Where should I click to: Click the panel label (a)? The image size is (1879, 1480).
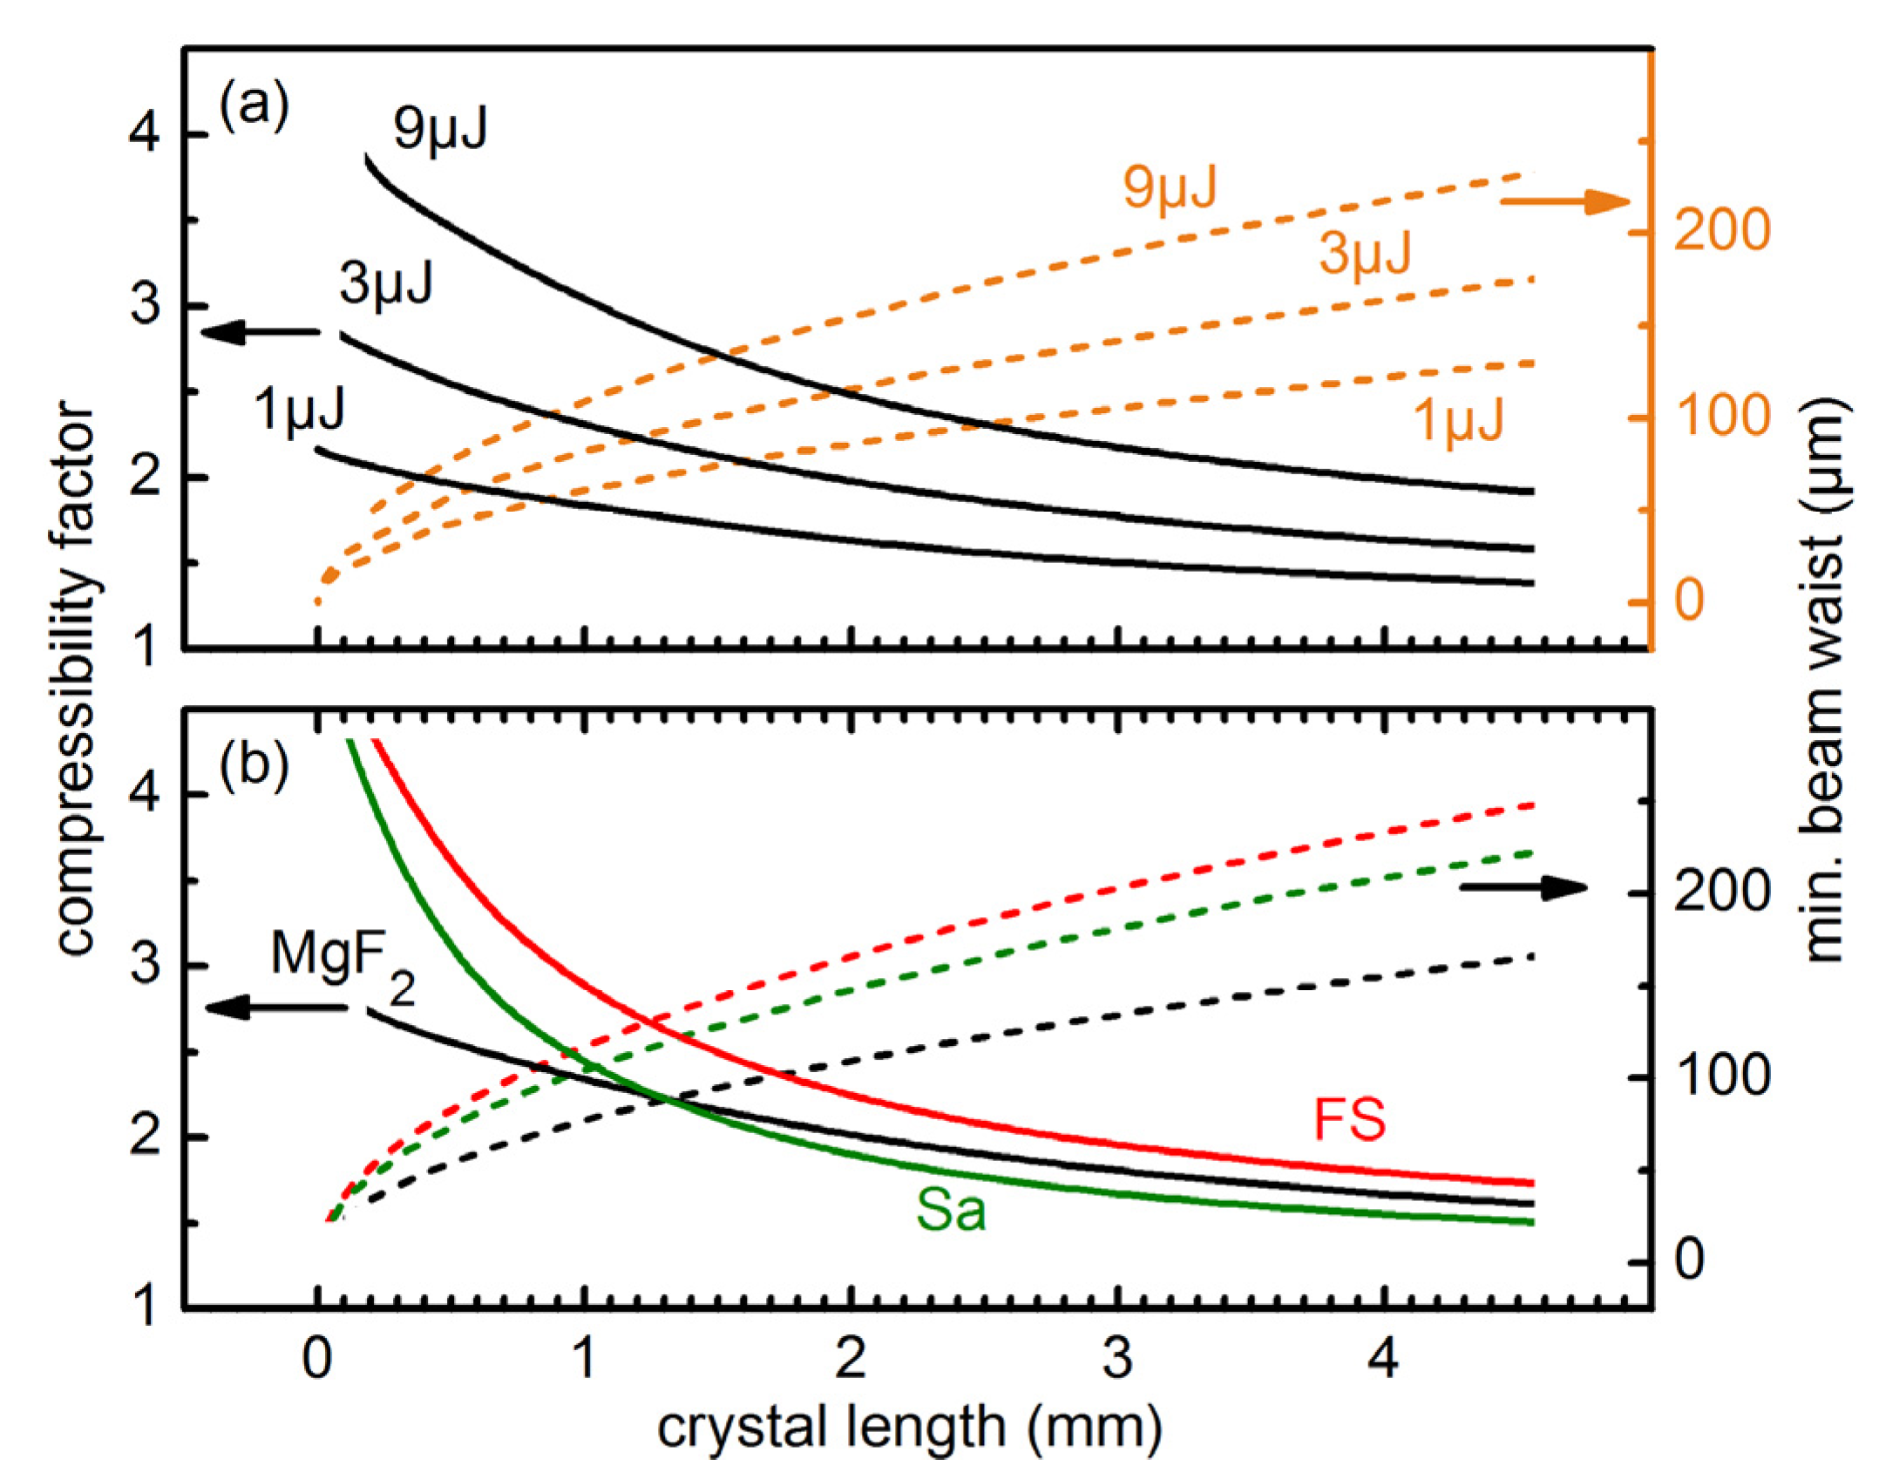pos(254,105)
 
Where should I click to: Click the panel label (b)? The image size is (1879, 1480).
pos(254,767)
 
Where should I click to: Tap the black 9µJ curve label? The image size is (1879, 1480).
pos(440,130)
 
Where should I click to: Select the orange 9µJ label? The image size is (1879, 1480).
pos(1170,187)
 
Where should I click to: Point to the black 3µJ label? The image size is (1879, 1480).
pos(386,284)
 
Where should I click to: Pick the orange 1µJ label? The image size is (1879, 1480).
pos(1458,420)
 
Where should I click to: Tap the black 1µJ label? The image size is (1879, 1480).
pos(300,409)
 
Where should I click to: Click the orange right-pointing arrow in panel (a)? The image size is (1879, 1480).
pos(1564,202)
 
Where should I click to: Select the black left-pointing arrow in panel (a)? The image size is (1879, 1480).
pos(261,332)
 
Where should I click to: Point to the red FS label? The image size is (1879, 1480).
pos(1349,1121)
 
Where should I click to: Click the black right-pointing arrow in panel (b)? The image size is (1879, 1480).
pos(1523,888)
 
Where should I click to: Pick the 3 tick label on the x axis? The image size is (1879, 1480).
pos(1117,1358)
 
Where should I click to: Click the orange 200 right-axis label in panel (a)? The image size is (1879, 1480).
pos(1721,231)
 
